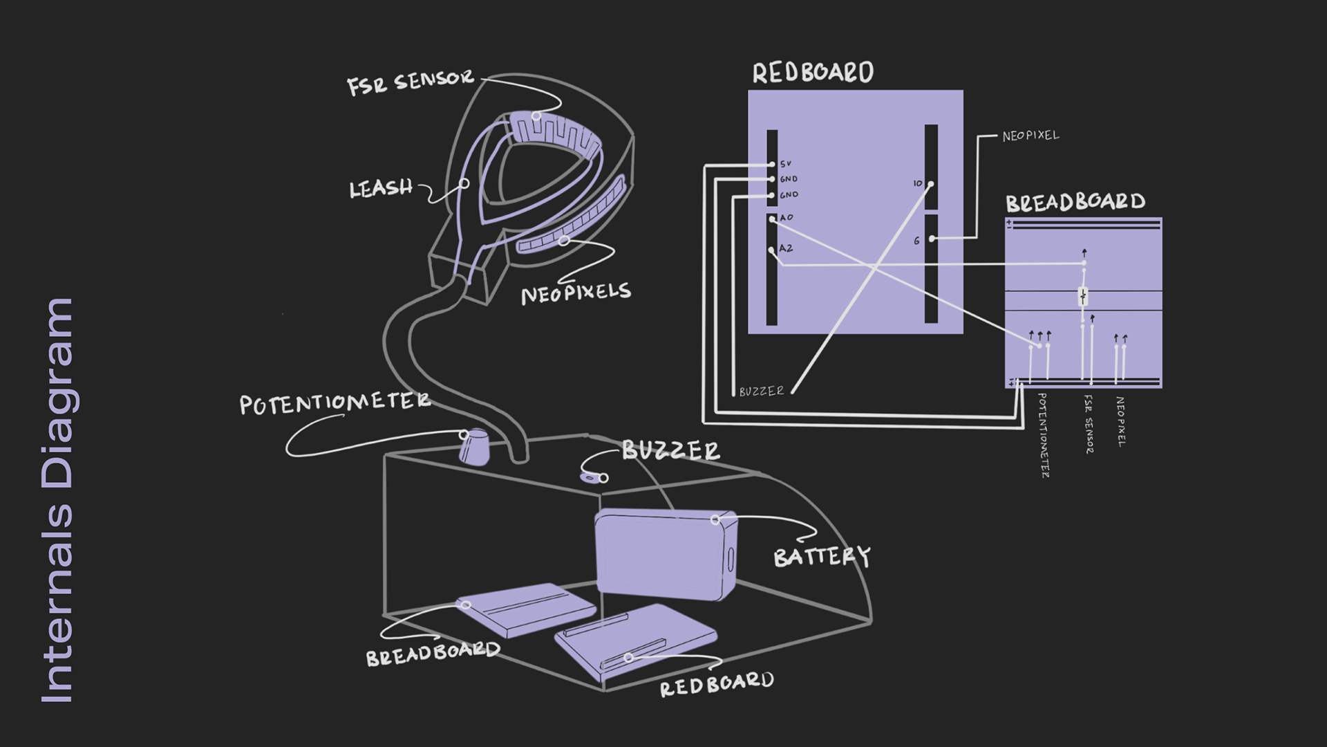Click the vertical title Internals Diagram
(x=57, y=501)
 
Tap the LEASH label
(x=381, y=189)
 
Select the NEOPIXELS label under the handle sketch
(x=576, y=293)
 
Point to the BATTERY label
(x=822, y=556)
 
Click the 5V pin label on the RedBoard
(x=785, y=164)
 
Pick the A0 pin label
(x=787, y=217)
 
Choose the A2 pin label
(x=787, y=248)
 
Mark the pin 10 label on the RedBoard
(x=918, y=183)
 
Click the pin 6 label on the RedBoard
(x=916, y=241)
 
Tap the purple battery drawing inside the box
(x=666, y=554)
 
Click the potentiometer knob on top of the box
(x=475, y=448)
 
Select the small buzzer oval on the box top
(x=590, y=477)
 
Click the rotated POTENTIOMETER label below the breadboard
(x=1043, y=435)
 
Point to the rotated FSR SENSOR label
(x=1089, y=425)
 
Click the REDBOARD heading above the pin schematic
(x=813, y=73)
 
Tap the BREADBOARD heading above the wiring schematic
(x=1075, y=203)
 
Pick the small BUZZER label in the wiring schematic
(x=762, y=391)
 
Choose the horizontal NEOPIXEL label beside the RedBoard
(x=1030, y=136)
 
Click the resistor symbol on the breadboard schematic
(x=1083, y=296)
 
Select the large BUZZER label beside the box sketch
(x=671, y=451)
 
